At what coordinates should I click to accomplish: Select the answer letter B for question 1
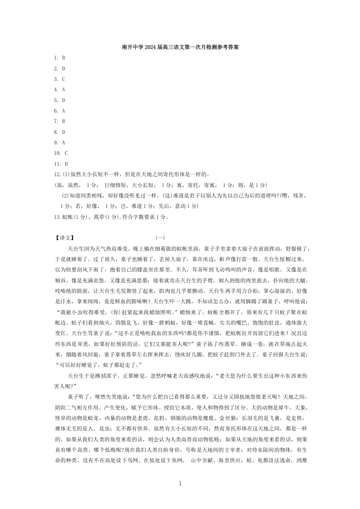click(64, 58)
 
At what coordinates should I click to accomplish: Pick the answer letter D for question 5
click(64, 100)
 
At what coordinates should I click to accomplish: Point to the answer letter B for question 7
click(64, 121)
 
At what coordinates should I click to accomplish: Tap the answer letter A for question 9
click(64, 143)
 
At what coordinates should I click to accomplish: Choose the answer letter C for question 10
click(66, 153)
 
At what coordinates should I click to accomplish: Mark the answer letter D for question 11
click(66, 164)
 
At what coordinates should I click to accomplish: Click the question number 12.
click(56, 174)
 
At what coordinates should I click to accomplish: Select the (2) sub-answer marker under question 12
click(64, 196)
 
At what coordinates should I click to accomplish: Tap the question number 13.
click(56, 217)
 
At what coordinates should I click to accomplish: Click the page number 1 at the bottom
click(180, 484)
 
